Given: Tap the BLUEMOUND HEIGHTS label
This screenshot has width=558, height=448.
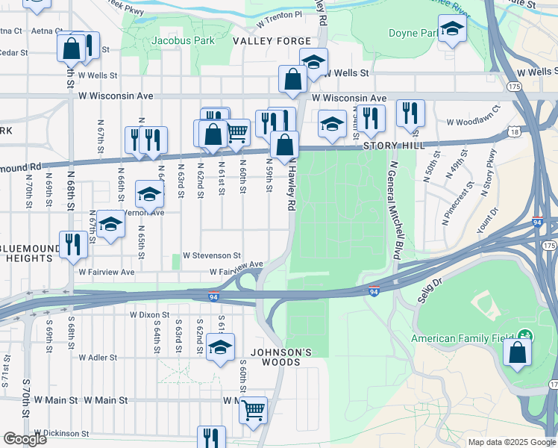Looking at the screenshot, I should [30, 252].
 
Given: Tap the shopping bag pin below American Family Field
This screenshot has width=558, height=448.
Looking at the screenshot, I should [517, 352].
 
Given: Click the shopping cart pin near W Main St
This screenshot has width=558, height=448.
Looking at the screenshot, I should [254, 409].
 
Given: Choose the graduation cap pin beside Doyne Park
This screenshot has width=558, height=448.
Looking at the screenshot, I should [452, 30].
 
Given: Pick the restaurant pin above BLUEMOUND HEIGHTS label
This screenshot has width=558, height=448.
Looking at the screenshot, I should [73, 245].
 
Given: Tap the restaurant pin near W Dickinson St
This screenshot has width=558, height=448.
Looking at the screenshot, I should [211, 438].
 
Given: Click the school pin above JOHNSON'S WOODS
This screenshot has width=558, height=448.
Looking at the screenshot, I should [220, 347].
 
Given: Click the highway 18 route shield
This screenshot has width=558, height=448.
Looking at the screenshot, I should [515, 131].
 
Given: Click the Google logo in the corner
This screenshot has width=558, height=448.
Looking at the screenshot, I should [25, 439].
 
